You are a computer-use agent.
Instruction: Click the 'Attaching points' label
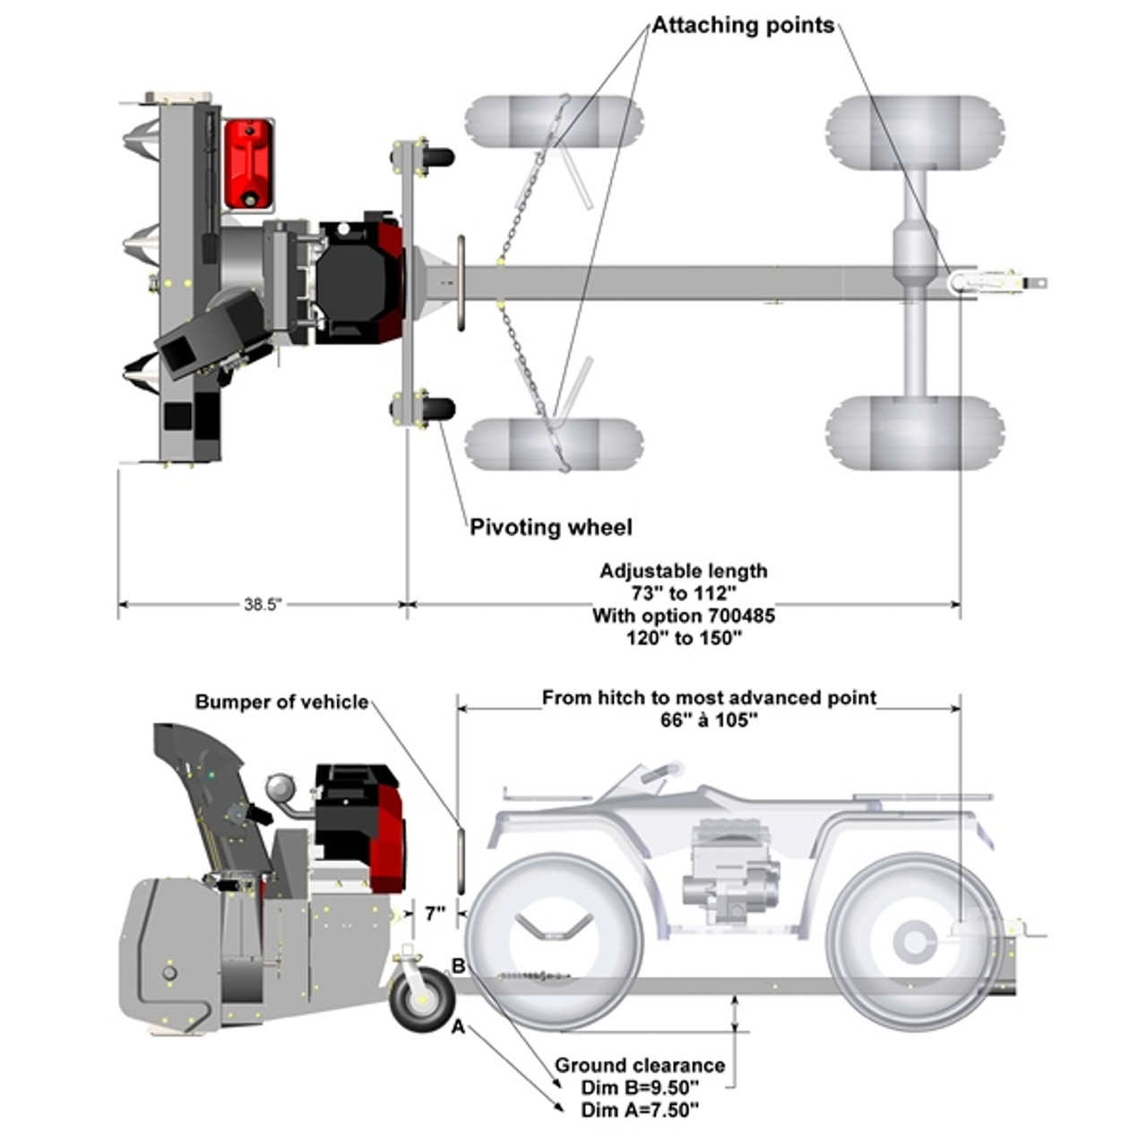(x=743, y=25)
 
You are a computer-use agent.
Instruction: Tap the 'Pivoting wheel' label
(x=550, y=527)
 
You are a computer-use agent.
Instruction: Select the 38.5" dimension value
(x=263, y=605)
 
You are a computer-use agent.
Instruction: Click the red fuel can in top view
(x=248, y=164)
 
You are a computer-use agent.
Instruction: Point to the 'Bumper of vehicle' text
(x=281, y=702)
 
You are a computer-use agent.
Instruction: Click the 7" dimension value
(x=436, y=914)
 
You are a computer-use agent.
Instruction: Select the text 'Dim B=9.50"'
(x=639, y=1088)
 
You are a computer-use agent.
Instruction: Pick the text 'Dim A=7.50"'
(x=639, y=1110)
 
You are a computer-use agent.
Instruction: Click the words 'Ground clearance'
(x=639, y=1065)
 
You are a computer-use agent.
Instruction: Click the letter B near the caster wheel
(x=458, y=966)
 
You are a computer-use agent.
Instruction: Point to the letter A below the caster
(x=458, y=1028)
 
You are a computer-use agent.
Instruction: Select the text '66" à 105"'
(x=709, y=720)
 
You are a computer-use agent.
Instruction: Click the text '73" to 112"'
(x=684, y=593)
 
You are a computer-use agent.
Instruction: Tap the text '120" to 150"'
(x=684, y=638)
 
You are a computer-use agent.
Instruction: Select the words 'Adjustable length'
(x=684, y=571)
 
